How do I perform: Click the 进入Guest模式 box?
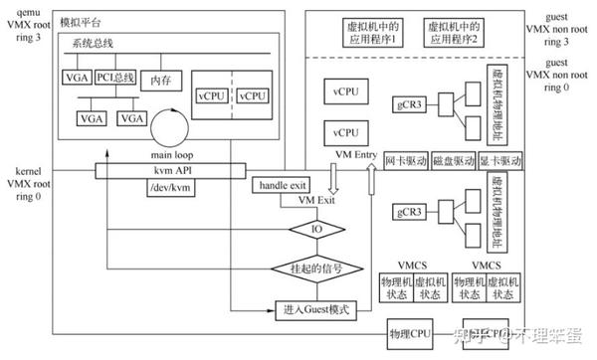[x=314, y=309]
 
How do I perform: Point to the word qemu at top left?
[x=20, y=13]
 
